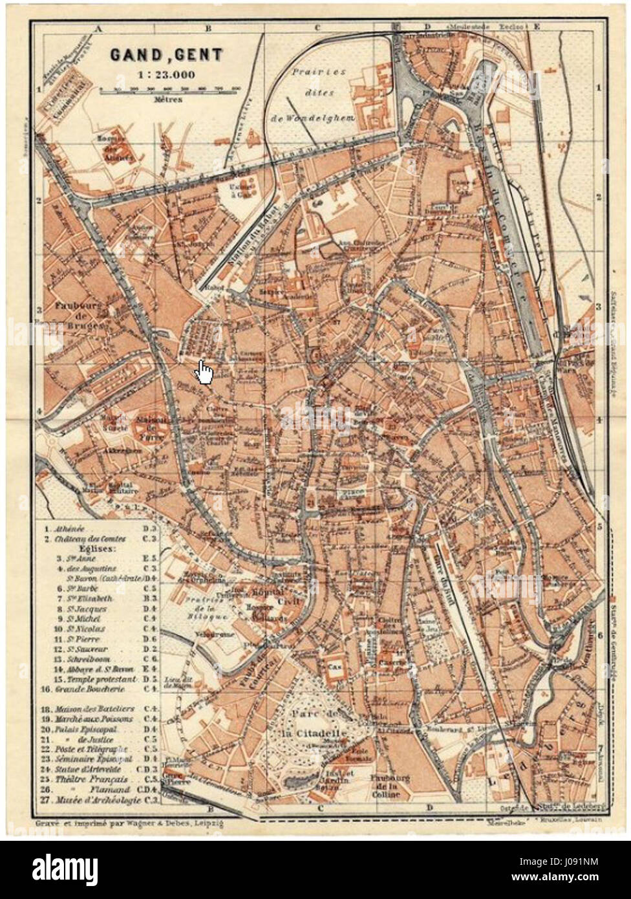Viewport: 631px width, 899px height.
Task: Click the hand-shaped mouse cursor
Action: [x=204, y=372]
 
